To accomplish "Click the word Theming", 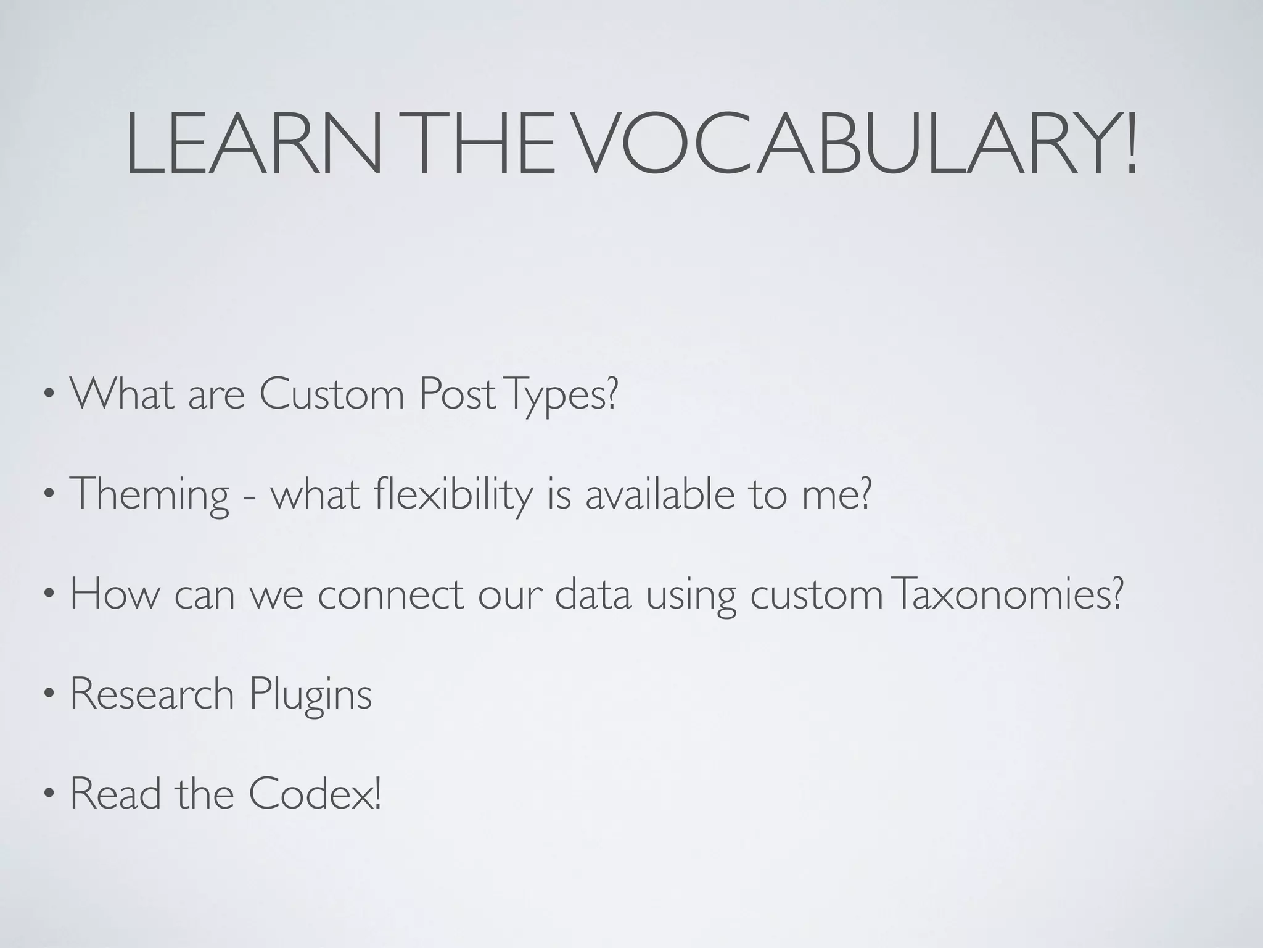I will tap(149, 494).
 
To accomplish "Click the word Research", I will tap(152, 694).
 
